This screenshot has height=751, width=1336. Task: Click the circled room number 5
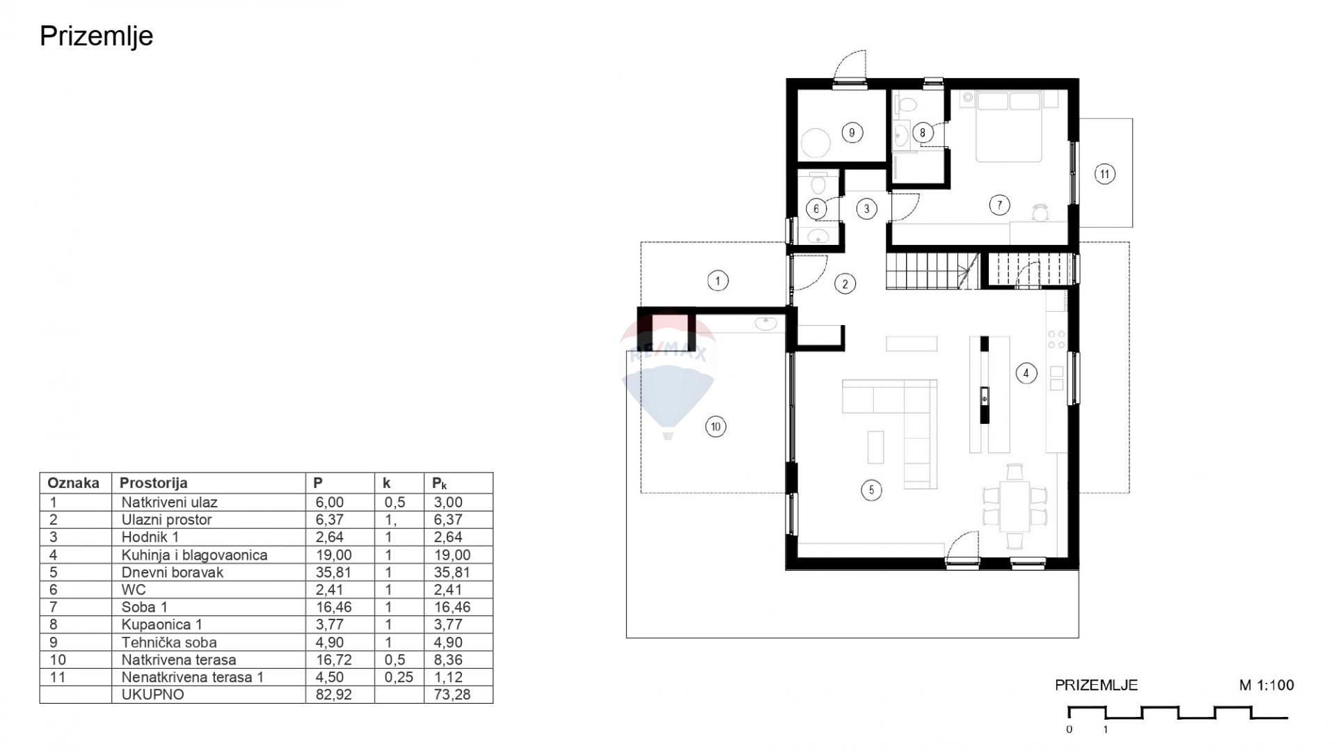pos(871,490)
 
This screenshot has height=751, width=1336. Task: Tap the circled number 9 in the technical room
pos(852,132)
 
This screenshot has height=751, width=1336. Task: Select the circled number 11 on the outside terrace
pos(1104,173)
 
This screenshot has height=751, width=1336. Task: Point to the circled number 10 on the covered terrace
pos(715,427)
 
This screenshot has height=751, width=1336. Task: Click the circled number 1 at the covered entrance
pos(717,280)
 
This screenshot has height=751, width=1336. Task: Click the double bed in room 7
pos(1009,127)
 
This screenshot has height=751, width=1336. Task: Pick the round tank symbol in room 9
pos(816,143)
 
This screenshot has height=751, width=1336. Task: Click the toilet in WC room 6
pos(818,184)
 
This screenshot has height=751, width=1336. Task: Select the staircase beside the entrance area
pos(933,271)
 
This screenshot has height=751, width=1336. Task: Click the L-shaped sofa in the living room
pos(897,425)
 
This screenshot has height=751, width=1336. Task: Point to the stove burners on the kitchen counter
pos(1056,340)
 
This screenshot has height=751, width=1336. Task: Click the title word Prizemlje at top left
pos(96,36)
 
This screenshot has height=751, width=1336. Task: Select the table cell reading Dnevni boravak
pos(173,572)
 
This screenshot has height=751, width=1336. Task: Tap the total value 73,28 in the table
pos(452,694)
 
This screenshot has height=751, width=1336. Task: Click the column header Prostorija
pos(153,483)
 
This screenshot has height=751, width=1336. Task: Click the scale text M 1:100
pos(1266,685)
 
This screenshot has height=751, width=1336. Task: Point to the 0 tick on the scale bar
pos(1069,729)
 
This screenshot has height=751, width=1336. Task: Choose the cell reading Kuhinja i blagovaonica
pos(194,555)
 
